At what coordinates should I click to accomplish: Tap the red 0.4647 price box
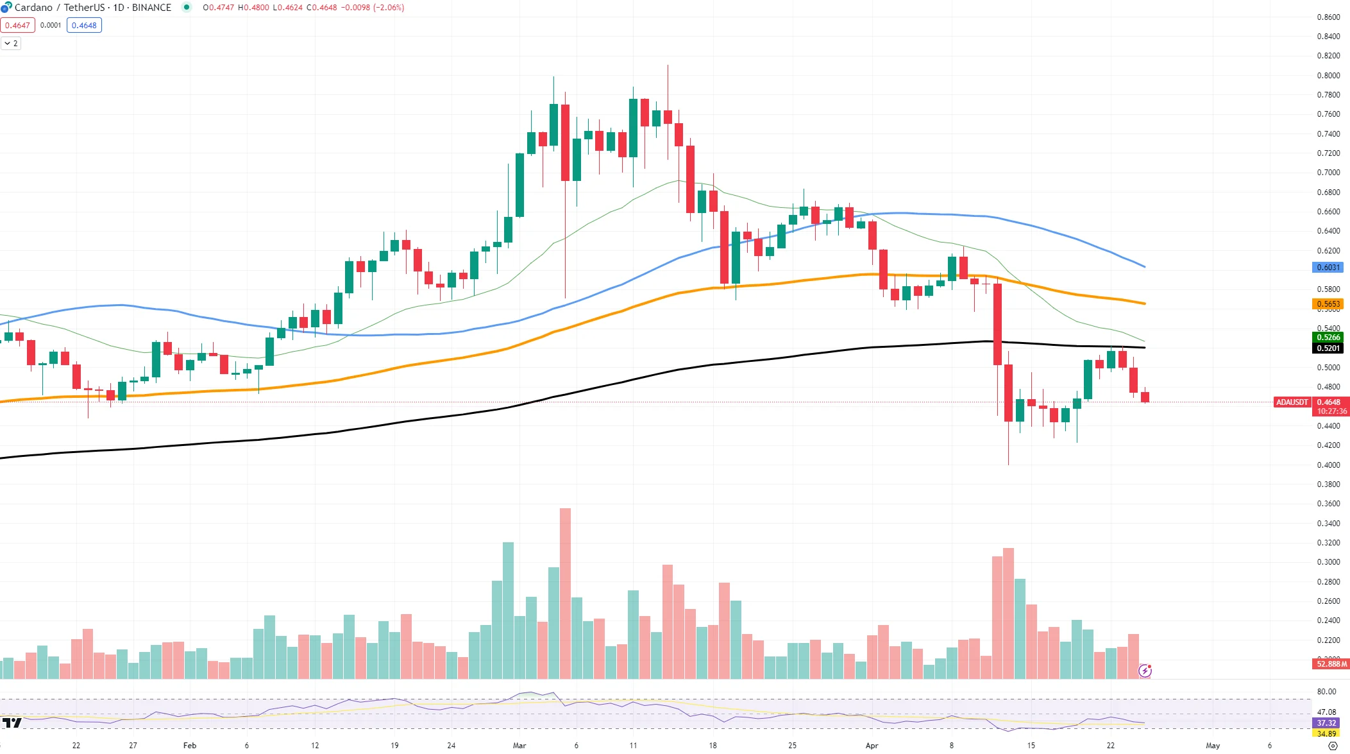point(17,26)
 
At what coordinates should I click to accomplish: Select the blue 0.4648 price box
point(84,26)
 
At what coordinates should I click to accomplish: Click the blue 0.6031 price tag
point(1328,268)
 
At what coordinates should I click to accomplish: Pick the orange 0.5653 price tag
point(1328,304)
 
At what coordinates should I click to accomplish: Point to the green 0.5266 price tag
point(1328,338)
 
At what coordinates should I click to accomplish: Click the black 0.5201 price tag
point(1328,348)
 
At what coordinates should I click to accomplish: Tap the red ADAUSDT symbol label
point(1292,402)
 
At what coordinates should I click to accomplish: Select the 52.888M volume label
point(1331,664)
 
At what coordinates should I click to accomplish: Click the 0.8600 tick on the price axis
point(1328,17)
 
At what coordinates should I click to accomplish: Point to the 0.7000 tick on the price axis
point(1328,173)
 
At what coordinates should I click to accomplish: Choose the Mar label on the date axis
point(519,746)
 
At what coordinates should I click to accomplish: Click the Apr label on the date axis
point(872,746)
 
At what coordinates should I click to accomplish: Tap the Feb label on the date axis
point(190,746)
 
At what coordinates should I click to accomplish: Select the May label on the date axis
point(1213,746)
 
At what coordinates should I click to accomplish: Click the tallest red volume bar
point(565,594)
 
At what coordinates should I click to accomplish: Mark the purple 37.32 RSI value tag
point(1326,723)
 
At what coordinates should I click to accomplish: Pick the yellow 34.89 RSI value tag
point(1326,733)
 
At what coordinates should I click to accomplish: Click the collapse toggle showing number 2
point(11,44)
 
